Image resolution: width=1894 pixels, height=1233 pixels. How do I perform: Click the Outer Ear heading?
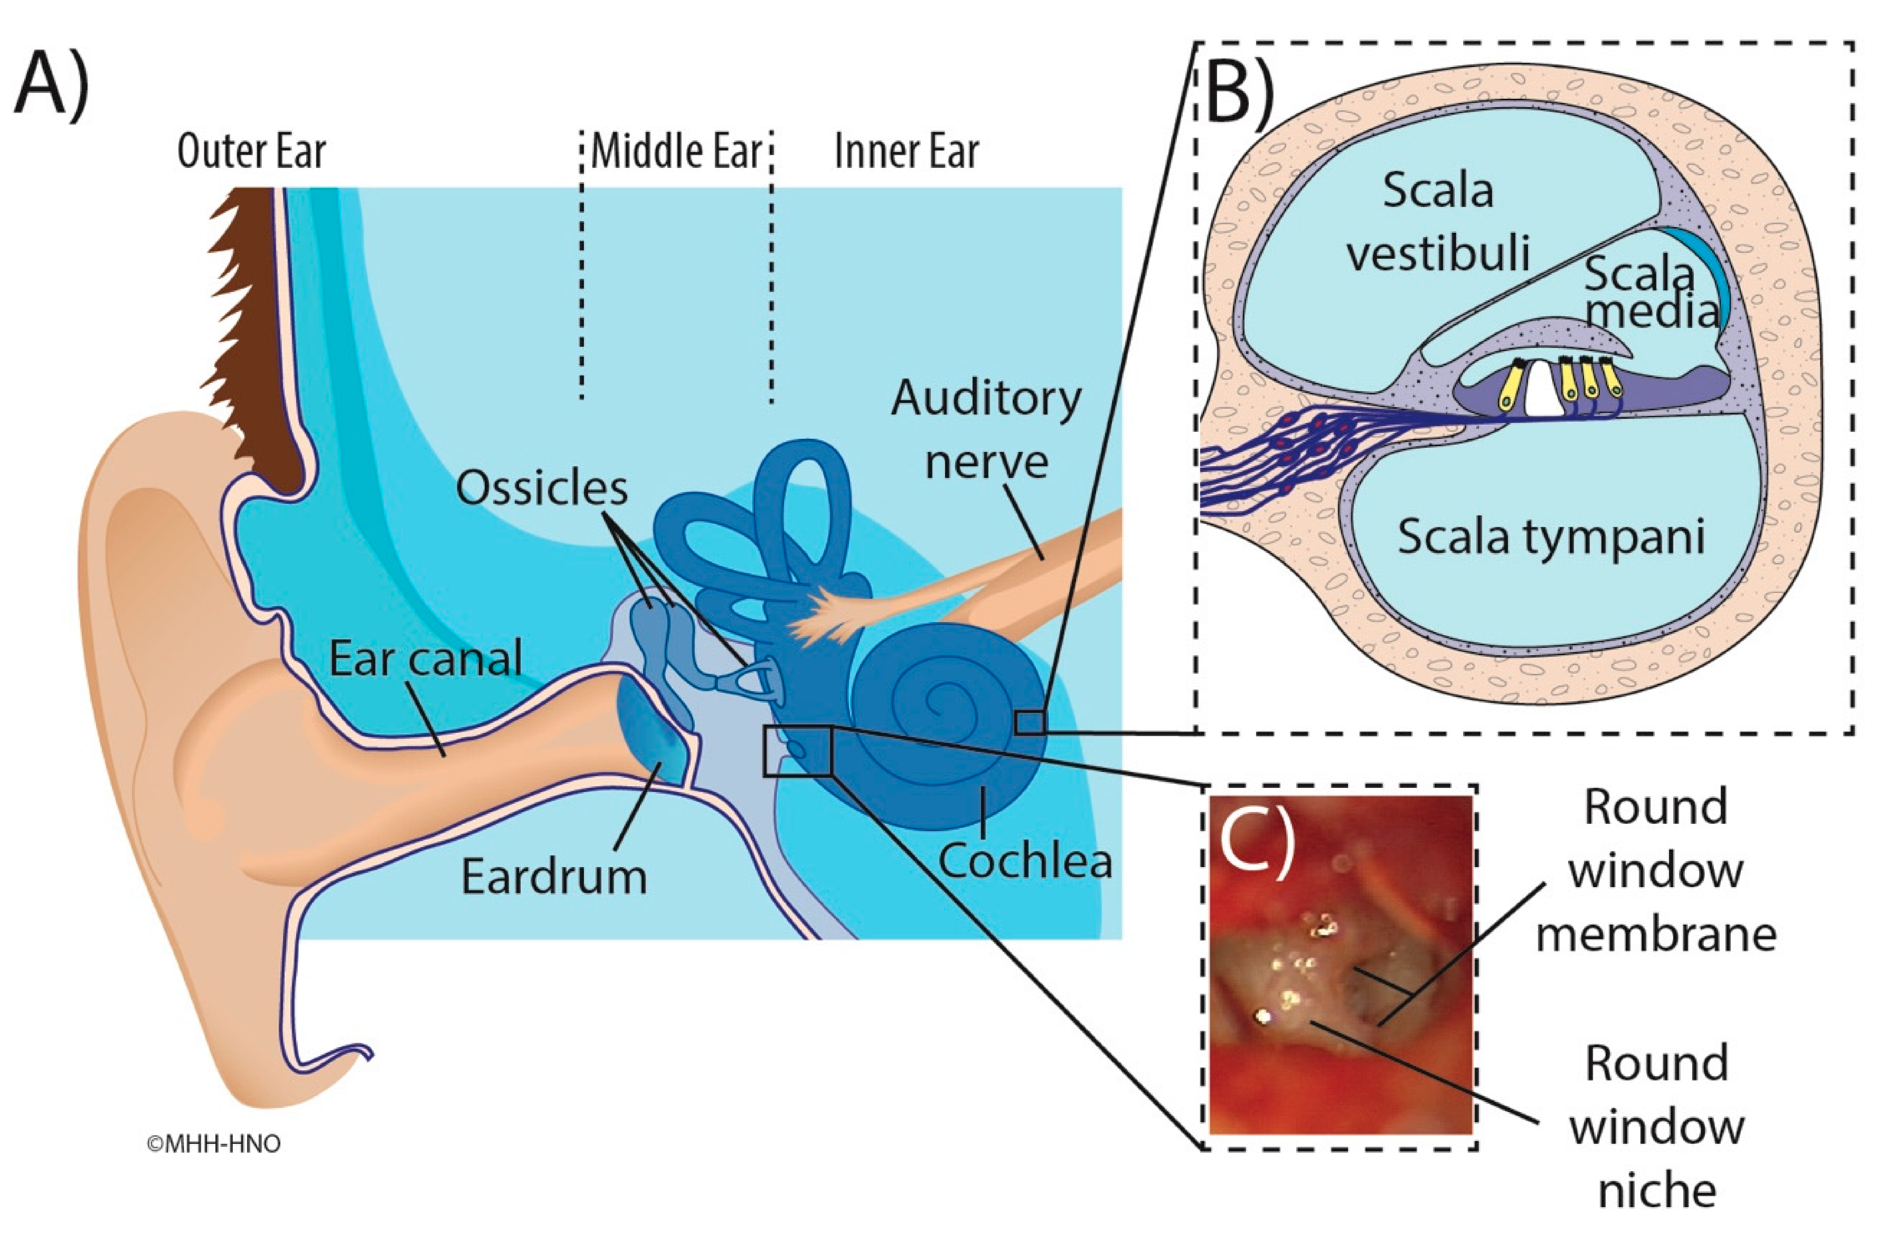click(x=251, y=151)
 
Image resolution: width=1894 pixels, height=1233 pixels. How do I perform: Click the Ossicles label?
click(x=541, y=488)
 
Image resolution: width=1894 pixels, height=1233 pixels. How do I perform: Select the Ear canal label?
click(x=426, y=658)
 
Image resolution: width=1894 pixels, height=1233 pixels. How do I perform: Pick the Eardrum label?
click(x=554, y=877)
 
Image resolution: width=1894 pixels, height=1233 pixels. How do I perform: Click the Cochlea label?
click(x=1025, y=861)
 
